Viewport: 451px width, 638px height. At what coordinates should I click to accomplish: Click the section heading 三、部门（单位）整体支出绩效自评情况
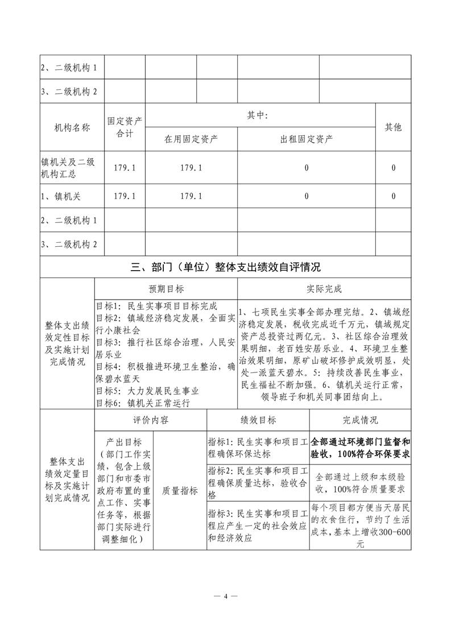click(x=225, y=267)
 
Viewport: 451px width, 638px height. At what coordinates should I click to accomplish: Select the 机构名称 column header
click(x=72, y=127)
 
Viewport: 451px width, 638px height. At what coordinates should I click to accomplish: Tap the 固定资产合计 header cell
click(x=125, y=127)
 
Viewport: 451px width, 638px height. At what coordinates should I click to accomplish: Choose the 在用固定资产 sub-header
click(x=192, y=139)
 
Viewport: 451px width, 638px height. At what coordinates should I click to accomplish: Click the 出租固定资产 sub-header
click(x=307, y=139)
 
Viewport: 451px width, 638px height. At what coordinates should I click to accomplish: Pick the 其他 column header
click(x=394, y=127)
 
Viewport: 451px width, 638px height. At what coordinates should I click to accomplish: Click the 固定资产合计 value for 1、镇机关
click(x=125, y=196)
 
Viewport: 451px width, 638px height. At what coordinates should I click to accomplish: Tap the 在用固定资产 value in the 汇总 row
click(x=192, y=168)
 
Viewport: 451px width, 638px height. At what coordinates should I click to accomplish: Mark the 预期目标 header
click(x=167, y=288)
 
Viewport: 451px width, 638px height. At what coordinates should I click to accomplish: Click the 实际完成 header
click(x=323, y=288)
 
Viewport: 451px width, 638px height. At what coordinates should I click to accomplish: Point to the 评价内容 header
click(x=151, y=420)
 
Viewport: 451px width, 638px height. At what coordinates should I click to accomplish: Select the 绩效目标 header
click(x=258, y=420)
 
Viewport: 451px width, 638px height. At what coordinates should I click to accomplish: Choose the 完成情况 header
click(x=360, y=420)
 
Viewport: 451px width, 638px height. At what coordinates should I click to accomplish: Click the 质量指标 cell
click(x=180, y=491)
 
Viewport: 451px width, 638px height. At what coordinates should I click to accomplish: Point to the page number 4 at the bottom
click(x=226, y=596)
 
